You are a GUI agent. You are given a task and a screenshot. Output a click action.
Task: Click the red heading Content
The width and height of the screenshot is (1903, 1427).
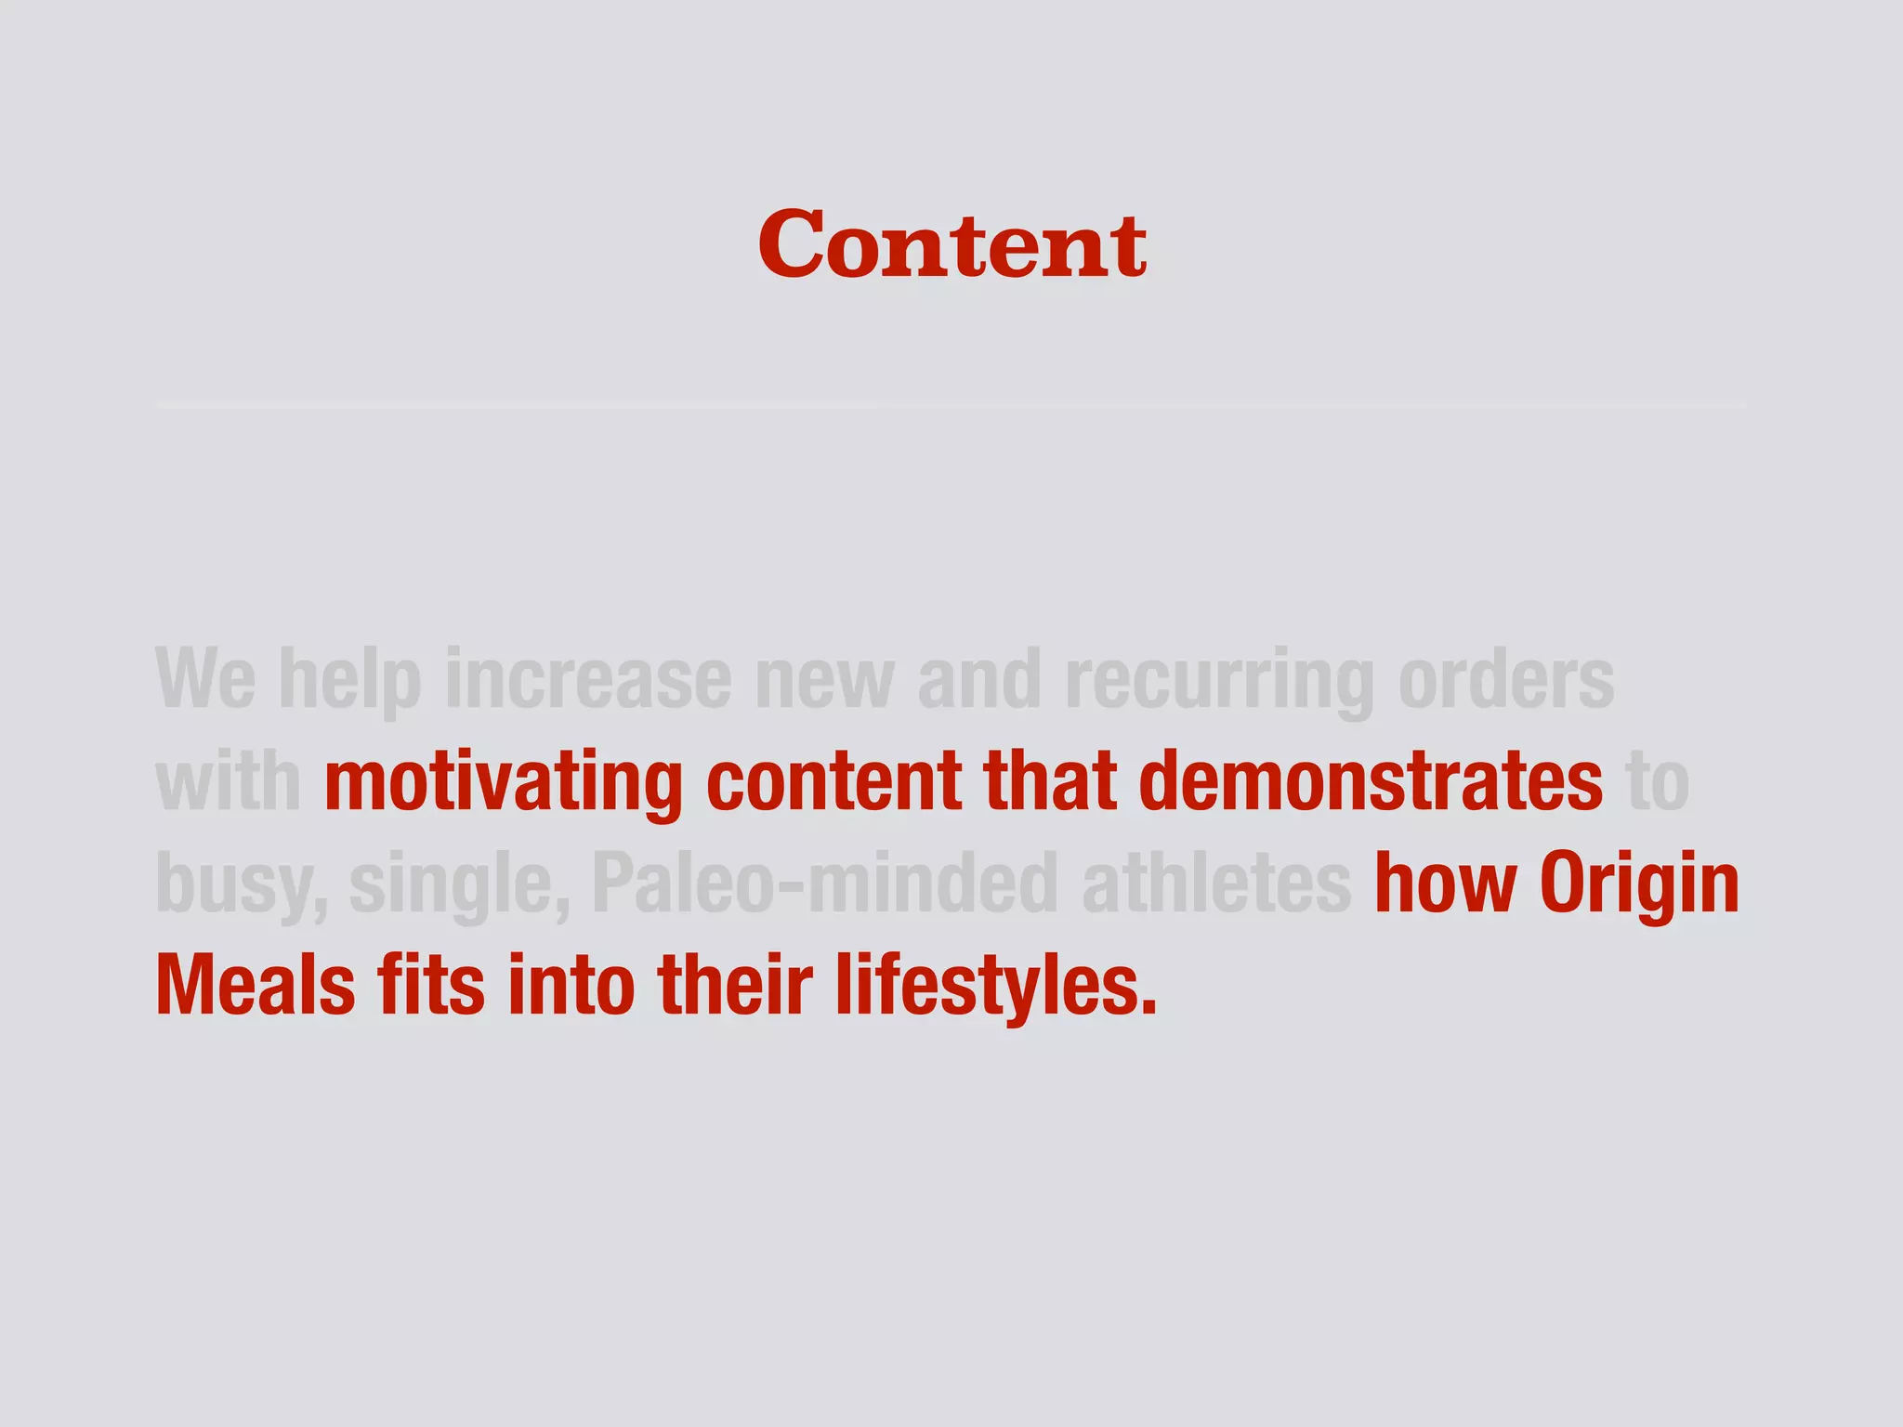pos(951,245)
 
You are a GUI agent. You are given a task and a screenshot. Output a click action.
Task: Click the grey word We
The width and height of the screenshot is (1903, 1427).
pos(205,679)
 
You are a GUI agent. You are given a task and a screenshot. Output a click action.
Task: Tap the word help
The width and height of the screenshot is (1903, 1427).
pos(349,679)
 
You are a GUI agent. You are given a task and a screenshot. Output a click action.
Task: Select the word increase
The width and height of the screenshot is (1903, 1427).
pos(588,679)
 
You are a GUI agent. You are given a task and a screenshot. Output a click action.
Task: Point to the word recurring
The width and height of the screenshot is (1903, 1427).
pos(1218,679)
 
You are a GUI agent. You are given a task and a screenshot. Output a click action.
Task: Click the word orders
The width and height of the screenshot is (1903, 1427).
pos(1506,679)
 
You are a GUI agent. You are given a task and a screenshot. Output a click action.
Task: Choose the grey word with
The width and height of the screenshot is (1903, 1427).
pos(228,781)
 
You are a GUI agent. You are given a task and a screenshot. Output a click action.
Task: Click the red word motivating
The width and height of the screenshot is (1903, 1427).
pos(504,781)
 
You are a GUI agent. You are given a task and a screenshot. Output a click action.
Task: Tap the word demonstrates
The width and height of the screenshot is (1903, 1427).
pos(1370,781)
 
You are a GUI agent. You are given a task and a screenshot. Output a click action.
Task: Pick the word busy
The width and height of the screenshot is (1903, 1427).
pos(240,884)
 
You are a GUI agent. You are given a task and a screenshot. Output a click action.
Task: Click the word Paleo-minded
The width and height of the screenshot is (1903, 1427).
pos(825,884)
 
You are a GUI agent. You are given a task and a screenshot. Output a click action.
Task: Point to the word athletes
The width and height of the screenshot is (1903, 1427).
pos(1216,884)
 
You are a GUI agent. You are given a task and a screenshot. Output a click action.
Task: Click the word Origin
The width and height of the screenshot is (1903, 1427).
pos(1639,884)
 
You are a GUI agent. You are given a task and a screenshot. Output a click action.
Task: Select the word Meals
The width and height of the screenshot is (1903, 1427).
pos(256,986)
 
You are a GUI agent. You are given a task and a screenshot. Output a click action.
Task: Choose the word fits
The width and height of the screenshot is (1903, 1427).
pos(430,986)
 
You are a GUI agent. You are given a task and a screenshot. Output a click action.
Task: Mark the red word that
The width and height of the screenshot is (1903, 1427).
pos(1049,781)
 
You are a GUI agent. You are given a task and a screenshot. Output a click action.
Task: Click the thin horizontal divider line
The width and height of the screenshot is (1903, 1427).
pos(951,406)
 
